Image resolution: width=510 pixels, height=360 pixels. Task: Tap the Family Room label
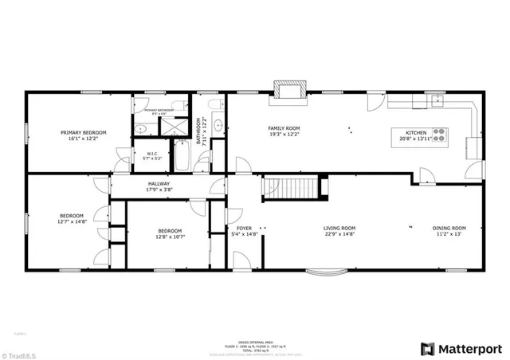click(283, 127)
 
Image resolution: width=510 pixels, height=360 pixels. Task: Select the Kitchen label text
click(416, 133)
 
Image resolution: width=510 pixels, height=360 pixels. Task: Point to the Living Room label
click(339, 229)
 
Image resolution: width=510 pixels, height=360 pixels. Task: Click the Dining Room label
click(449, 229)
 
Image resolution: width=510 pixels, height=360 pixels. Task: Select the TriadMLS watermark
click(20, 353)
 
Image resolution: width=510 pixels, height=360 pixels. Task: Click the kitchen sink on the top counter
click(436, 100)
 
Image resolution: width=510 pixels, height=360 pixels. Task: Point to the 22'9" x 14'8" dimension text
click(339, 234)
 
